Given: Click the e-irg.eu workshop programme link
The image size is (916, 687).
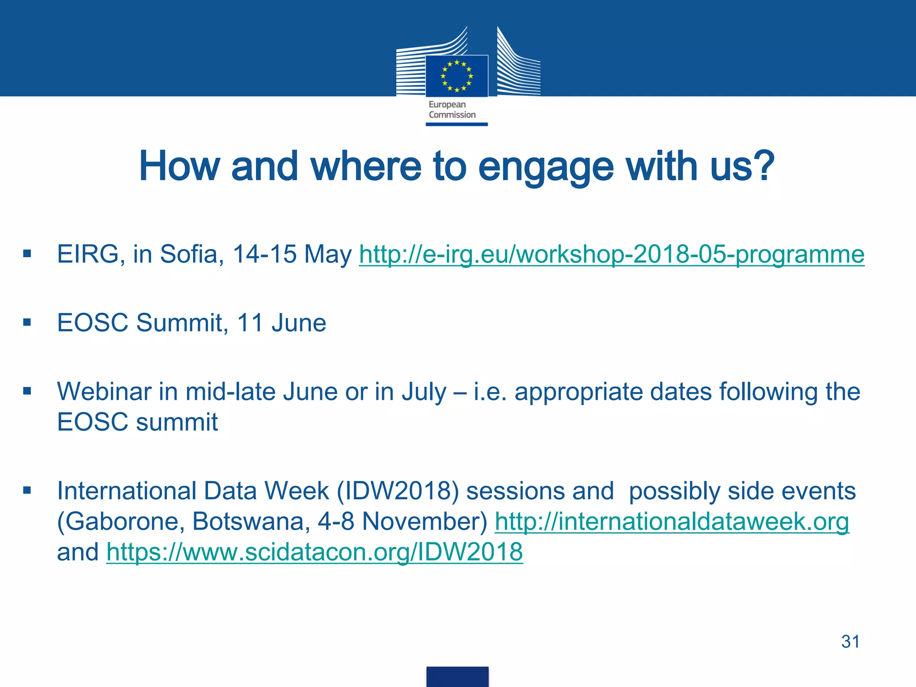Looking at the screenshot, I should tap(611, 254).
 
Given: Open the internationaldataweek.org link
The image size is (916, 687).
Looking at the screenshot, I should tap(672, 522).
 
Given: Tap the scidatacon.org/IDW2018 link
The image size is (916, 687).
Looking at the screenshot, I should tap(314, 552).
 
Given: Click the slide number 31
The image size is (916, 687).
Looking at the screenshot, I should tap(850, 641).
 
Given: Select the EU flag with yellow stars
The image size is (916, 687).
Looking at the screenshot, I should tap(457, 76).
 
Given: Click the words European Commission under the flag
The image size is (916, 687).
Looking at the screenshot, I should tap(452, 110).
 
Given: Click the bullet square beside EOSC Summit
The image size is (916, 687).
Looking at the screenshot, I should tap(27, 322).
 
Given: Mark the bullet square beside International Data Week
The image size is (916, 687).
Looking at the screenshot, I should tap(27, 491).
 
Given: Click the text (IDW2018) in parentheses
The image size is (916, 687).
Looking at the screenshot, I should tap(398, 491).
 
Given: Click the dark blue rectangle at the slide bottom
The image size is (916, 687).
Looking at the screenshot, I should tap(457, 676).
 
